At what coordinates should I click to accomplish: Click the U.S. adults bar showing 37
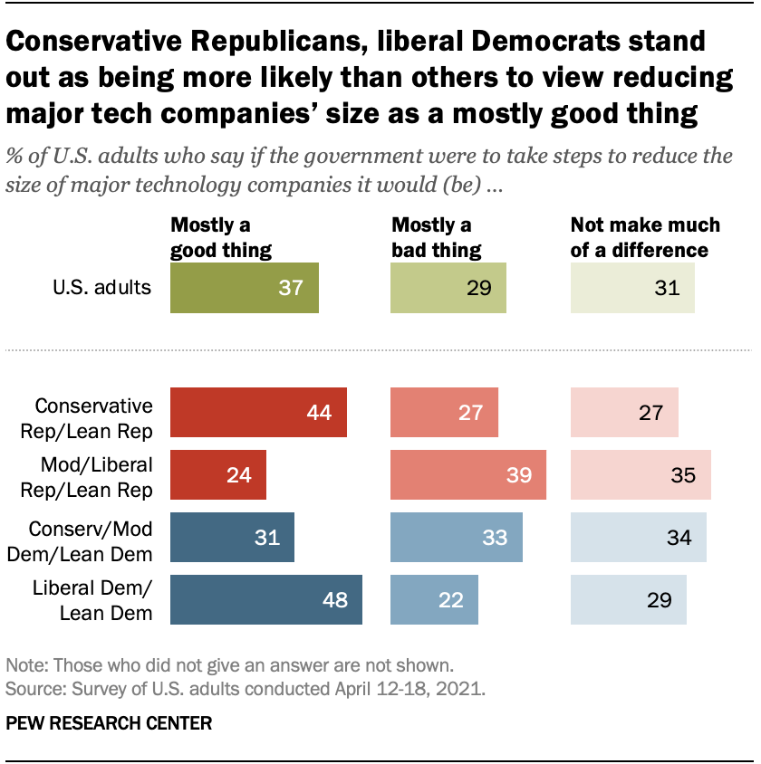tap(245, 288)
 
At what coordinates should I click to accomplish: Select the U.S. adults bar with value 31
tap(632, 288)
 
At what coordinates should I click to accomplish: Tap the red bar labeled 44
tap(259, 413)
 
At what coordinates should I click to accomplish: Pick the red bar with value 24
tap(218, 474)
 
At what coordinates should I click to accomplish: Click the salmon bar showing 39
tap(468, 474)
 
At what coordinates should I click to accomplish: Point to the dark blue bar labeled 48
tap(266, 599)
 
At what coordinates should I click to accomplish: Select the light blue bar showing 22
tap(435, 599)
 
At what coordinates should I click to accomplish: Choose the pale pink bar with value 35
tap(641, 474)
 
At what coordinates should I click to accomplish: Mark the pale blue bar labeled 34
tap(639, 537)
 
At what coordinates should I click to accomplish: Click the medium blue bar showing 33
tap(457, 537)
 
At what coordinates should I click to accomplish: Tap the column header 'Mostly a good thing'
tap(221, 237)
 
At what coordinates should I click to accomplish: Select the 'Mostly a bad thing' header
tap(436, 237)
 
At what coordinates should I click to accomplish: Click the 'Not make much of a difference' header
tap(645, 237)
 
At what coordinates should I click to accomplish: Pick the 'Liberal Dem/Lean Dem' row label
tap(94, 600)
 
